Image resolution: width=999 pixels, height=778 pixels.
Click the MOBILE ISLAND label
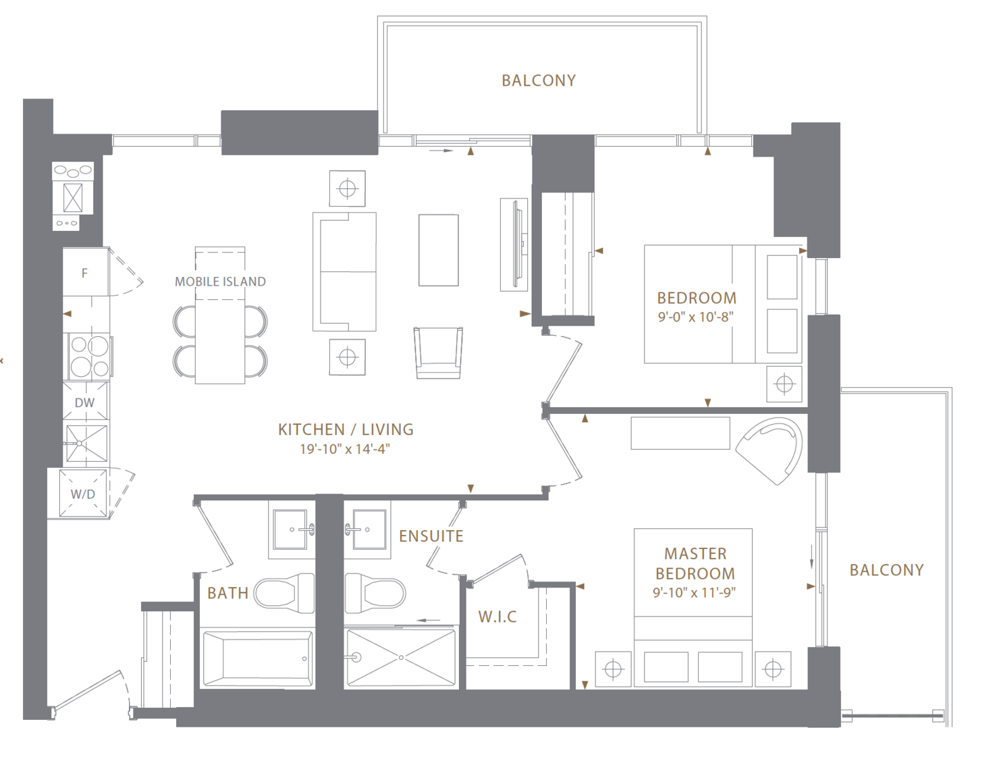coord(220,282)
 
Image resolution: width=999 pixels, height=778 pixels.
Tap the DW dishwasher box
coord(86,401)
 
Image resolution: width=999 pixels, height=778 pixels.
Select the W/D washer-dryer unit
coord(83,494)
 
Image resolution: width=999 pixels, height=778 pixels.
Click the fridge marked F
coord(86,272)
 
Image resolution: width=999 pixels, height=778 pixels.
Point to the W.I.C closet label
coord(497,617)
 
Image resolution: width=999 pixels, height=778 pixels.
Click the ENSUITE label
coord(431,536)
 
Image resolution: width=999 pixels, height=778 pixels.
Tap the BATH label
coord(227,593)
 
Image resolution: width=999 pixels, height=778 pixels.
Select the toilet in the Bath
coord(283,593)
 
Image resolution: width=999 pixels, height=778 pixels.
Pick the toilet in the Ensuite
coord(375,593)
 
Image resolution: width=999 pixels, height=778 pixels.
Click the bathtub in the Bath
coord(258,659)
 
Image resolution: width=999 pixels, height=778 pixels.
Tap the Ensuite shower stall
coord(402,658)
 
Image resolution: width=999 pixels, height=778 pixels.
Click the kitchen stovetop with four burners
coord(88,357)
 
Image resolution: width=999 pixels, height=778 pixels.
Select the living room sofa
coord(344,271)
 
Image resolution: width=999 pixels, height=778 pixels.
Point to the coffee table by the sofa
coord(439,250)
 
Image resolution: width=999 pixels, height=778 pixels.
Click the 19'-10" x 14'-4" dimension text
coord(345,449)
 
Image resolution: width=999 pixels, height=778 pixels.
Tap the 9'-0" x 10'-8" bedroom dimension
coord(695,317)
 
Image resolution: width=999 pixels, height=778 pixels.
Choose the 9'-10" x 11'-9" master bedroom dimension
coord(694,592)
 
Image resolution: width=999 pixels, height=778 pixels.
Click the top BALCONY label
coord(539,80)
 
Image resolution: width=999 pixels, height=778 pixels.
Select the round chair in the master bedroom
coord(769,450)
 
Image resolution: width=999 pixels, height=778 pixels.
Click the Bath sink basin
coord(290,529)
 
